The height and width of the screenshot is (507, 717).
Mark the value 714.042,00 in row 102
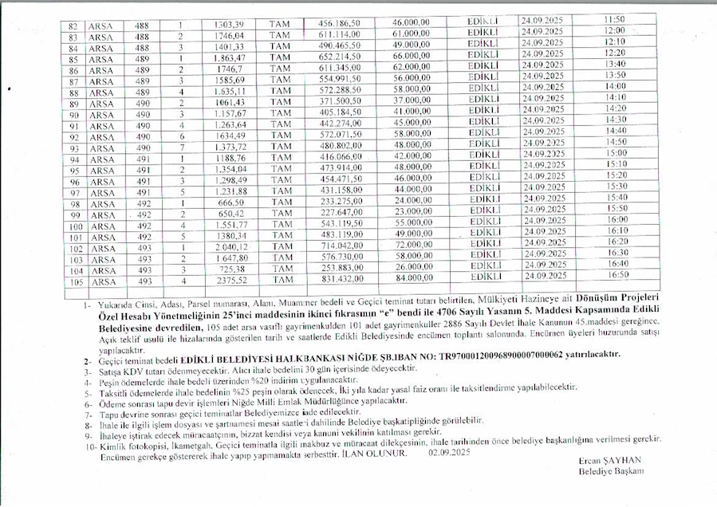[341, 248]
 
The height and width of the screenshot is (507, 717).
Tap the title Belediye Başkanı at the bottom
[611, 471]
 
